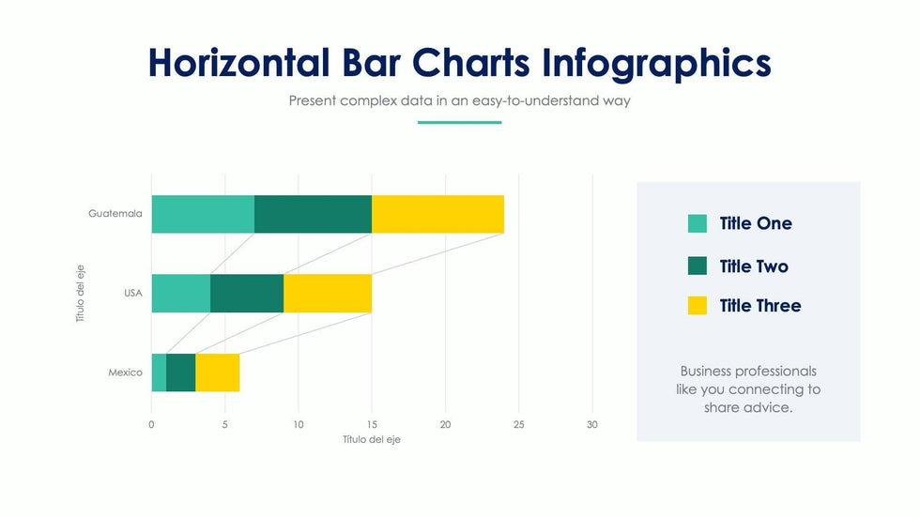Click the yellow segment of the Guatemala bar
[437, 214]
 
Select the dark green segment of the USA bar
[247, 293]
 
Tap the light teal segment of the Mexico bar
[159, 373]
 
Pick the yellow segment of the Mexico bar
[217, 373]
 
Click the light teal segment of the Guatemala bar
[203, 214]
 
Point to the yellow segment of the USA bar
[328, 293]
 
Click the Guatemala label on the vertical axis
[115, 214]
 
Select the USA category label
[133, 294]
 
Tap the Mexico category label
[125, 373]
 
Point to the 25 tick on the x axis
[518, 424]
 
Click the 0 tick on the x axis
[151, 424]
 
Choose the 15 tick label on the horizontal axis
[372, 424]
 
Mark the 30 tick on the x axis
[591, 424]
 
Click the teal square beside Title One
[698, 223]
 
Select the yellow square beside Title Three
[698, 305]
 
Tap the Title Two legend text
[754, 266]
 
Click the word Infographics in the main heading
[656, 63]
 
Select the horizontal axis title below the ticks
[371, 439]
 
